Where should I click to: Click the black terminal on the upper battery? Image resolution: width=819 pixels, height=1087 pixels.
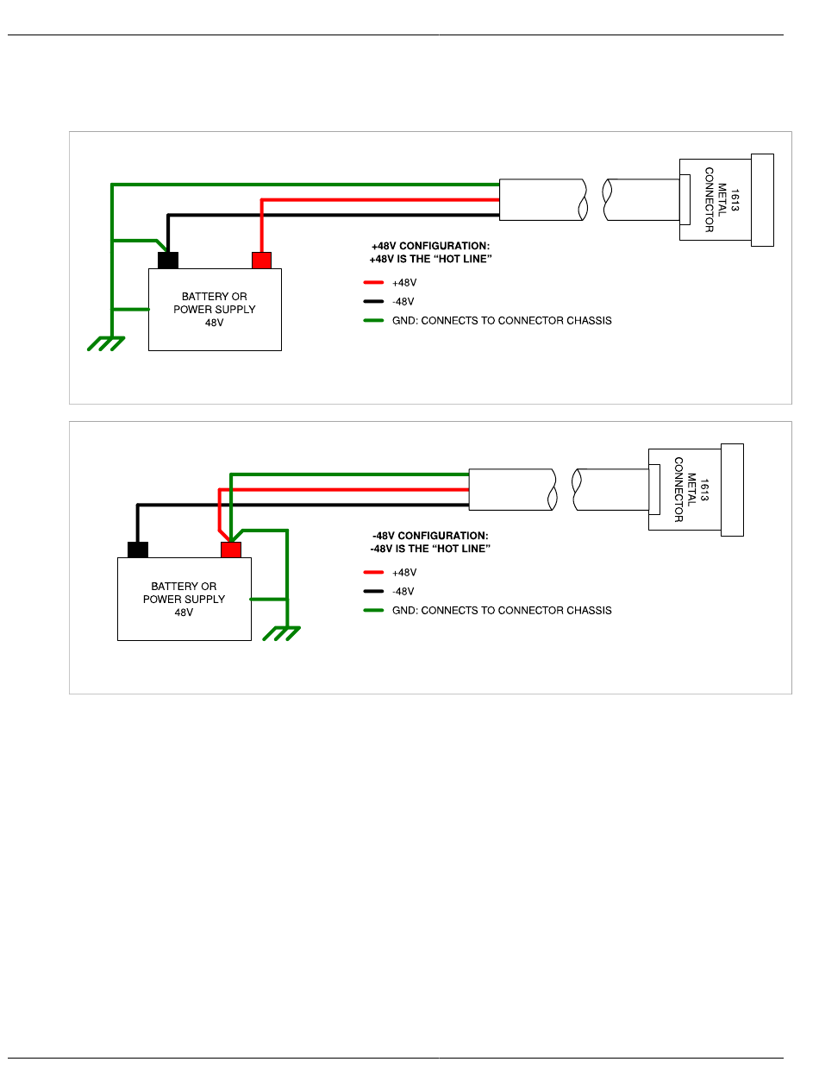168,260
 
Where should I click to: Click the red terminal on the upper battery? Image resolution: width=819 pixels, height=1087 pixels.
261,260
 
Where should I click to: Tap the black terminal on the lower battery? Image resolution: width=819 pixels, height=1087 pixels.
138,550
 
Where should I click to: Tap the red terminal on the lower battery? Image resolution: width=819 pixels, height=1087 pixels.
230,550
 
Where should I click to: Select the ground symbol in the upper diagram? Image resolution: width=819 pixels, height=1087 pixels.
106,343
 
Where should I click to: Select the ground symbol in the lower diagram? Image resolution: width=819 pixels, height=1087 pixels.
281,633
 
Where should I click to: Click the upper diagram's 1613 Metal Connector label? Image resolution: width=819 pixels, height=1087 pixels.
722,199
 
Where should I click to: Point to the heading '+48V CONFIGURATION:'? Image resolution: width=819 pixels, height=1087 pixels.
430,246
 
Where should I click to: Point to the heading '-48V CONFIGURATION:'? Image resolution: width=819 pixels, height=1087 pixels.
430,536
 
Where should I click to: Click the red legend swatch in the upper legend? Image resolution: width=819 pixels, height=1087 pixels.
373,282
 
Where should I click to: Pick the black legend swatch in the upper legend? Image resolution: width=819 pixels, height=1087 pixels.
373,301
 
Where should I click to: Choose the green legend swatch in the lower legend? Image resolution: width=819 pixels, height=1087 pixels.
373,610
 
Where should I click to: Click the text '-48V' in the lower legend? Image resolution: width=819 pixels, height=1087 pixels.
403,591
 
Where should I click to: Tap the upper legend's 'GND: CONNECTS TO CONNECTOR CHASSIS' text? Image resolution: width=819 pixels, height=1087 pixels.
502,320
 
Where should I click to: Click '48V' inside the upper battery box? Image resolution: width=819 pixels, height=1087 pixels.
215,323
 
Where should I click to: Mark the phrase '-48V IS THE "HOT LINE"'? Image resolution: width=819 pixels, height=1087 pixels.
430,549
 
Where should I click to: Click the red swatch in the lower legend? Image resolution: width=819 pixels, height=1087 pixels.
373,572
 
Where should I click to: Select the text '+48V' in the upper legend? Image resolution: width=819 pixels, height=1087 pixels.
404,283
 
